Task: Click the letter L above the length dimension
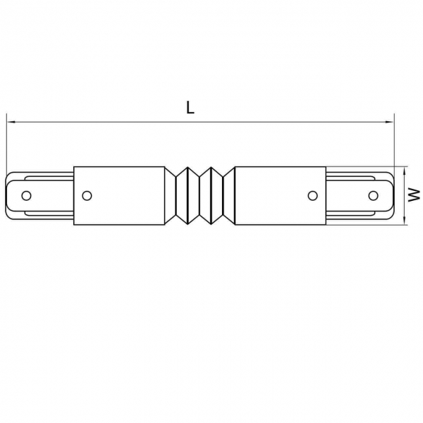click(x=190, y=107)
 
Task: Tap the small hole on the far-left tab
click(x=26, y=195)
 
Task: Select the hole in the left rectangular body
click(x=87, y=195)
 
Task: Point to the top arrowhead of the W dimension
click(x=404, y=170)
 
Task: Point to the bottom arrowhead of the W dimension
click(x=404, y=221)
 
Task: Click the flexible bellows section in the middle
click(x=200, y=195)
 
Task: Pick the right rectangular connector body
click(x=281, y=195)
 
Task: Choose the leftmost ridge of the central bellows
click(x=176, y=195)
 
